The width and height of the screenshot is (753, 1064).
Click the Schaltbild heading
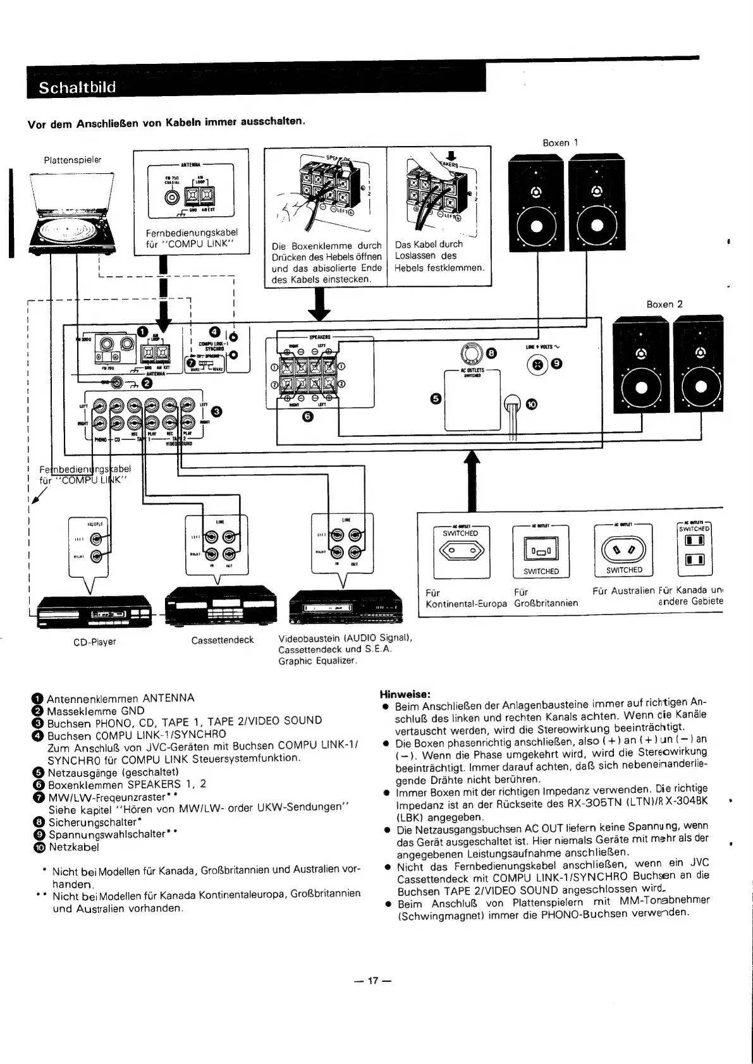(x=77, y=87)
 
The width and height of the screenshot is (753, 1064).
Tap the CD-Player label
(x=95, y=642)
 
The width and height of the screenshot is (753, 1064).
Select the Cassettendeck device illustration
(x=221, y=604)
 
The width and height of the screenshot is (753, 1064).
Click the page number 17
(x=373, y=981)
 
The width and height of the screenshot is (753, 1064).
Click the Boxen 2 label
(x=664, y=304)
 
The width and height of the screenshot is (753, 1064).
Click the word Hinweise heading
(x=405, y=694)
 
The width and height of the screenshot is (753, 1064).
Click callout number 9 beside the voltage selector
(x=557, y=364)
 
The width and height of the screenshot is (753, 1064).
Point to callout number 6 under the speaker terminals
(x=307, y=417)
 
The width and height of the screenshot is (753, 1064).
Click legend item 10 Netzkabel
(x=70, y=847)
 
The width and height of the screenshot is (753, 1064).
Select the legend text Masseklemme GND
(x=95, y=710)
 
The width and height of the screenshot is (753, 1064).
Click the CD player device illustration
(x=92, y=612)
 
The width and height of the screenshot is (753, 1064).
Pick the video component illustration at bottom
(x=345, y=607)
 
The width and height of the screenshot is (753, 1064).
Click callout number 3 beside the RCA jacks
(x=216, y=412)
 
